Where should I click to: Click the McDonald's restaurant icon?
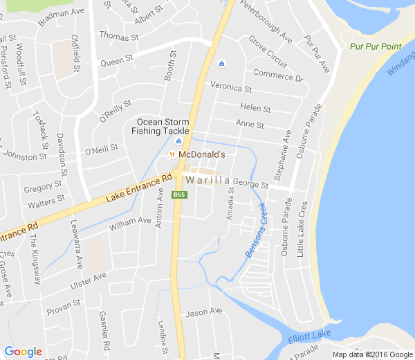(172, 154)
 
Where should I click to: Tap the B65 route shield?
(180, 195)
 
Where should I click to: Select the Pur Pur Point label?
(376, 46)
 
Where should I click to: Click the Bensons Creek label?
(255, 231)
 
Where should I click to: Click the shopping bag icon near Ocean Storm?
(178, 141)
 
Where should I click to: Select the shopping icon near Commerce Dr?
(221, 64)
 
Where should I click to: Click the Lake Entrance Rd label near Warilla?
(139, 188)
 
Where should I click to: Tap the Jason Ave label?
(204, 312)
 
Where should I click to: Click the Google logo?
(23, 352)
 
